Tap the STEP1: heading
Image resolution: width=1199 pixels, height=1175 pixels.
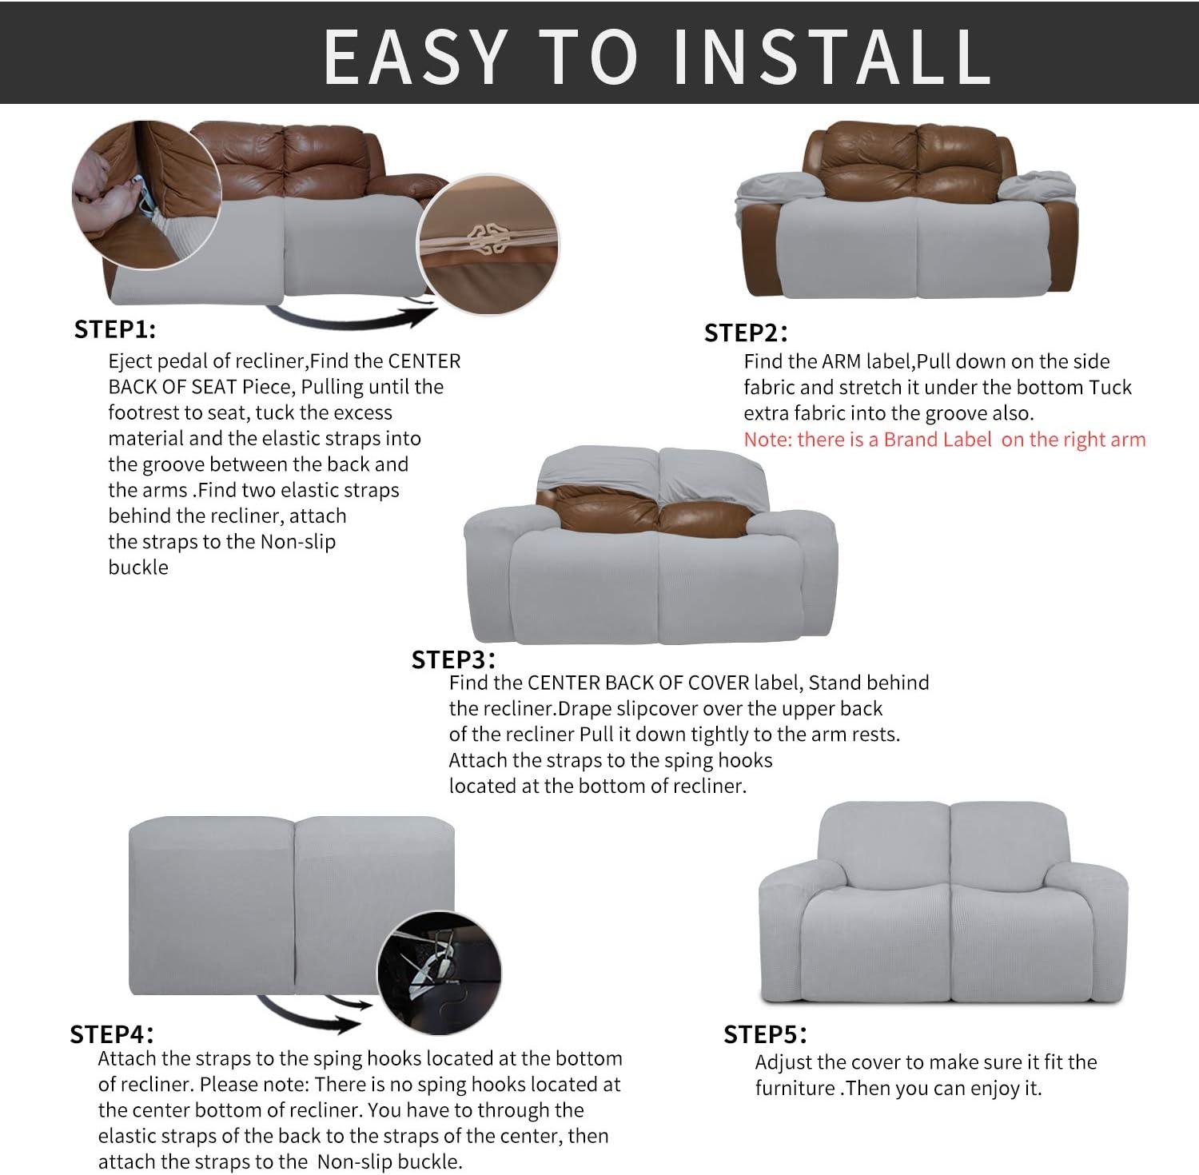pyautogui.click(x=115, y=329)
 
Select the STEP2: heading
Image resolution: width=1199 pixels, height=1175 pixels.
pyautogui.click(x=746, y=333)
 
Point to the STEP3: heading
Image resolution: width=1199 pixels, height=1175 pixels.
pyautogui.click(x=453, y=659)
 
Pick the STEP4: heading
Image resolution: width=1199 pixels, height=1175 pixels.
pyautogui.click(x=112, y=1034)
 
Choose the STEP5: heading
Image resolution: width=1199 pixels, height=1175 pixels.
pyautogui.click(x=765, y=1034)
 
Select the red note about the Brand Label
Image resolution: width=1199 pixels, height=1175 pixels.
pyautogui.click(x=945, y=440)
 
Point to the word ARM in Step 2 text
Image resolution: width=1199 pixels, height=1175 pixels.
pyautogui.click(x=842, y=361)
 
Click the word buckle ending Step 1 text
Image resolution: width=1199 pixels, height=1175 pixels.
pyautogui.click(x=138, y=568)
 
